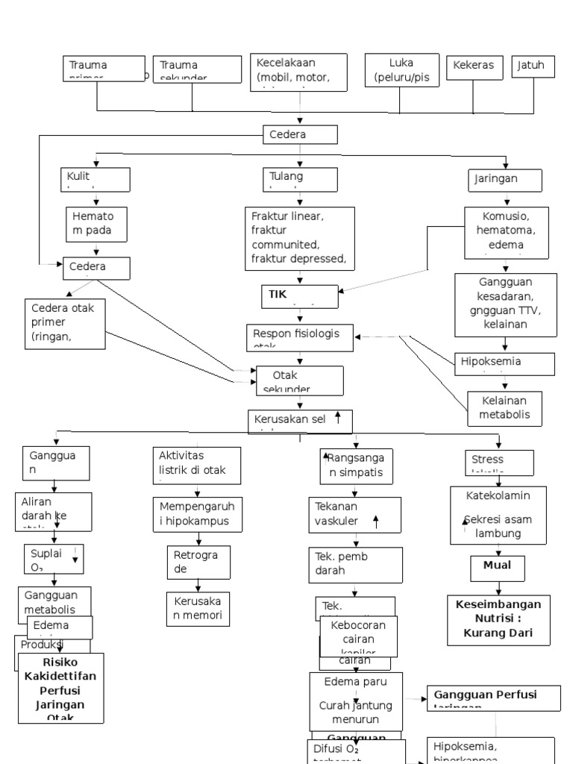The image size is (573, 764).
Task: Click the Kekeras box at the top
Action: pos(473,66)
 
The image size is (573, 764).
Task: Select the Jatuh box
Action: pos(533,66)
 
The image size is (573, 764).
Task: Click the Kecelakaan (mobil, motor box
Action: pos(299,72)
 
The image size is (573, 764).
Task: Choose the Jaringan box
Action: pos(506,180)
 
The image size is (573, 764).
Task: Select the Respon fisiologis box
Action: pos(300,336)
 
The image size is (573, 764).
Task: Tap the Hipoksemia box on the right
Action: pos(505,363)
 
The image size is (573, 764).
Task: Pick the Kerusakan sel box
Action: pos(299,421)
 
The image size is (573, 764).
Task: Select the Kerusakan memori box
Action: pos(198,607)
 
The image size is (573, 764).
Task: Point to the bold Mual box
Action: pos(498,567)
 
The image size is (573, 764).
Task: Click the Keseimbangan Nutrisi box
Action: pos(498,619)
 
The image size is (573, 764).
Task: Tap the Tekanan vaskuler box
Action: pos(354,516)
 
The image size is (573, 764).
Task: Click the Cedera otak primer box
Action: pos(65,322)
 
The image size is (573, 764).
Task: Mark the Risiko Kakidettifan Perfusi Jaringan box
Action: pos(61,687)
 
